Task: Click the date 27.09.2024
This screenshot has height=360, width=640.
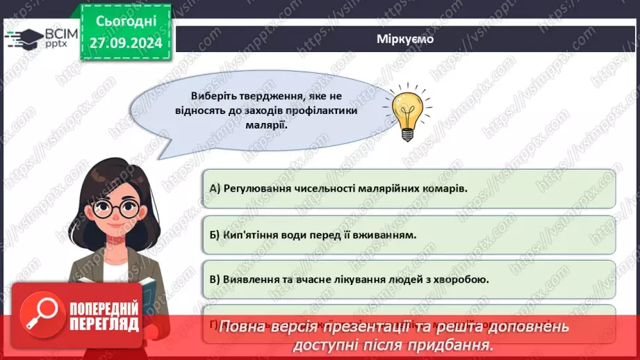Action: tap(125, 43)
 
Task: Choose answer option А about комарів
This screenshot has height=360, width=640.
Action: tap(408, 188)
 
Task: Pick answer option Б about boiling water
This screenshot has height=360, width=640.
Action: tap(408, 234)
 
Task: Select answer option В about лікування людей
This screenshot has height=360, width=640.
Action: tap(408, 279)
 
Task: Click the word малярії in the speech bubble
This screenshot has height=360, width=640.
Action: tap(267, 126)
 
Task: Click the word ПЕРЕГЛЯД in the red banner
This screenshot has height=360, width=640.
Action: tap(104, 325)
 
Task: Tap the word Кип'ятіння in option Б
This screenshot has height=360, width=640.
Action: tap(247, 234)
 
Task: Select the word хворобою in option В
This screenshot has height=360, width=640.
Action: tap(466, 279)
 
